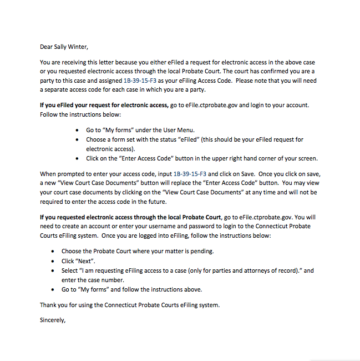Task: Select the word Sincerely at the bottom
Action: pos(53,320)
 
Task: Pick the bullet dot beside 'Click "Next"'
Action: pos(53,261)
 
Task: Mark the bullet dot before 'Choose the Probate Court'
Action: pos(53,252)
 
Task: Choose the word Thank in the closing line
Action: pos(48,304)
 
